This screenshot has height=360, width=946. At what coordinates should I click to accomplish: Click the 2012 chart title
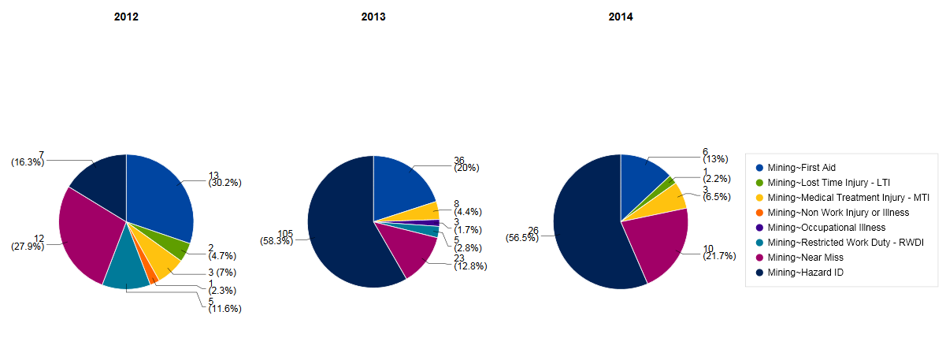click(x=126, y=17)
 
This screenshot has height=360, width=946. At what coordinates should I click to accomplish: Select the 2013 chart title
click(x=373, y=17)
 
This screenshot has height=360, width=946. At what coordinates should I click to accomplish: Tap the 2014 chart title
click(x=621, y=17)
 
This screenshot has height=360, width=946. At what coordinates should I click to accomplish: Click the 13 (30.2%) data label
click(x=224, y=179)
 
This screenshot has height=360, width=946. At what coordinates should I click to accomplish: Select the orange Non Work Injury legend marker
click(x=759, y=213)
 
